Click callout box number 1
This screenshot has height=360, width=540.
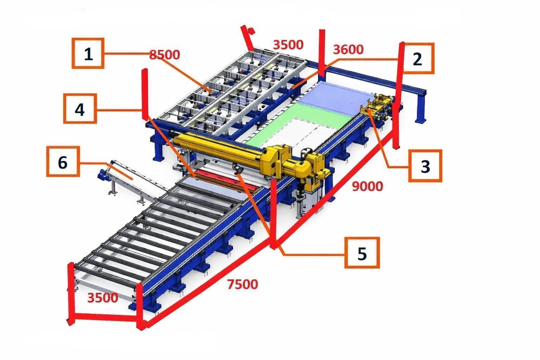click(x=88, y=53)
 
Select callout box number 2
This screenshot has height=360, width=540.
click(x=418, y=58)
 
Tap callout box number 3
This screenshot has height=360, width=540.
click(x=425, y=166)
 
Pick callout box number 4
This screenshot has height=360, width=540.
click(x=80, y=109)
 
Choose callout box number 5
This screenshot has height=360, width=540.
click(x=362, y=253)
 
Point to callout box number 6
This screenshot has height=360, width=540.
click(x=63, y=162)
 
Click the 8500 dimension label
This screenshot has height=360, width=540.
click(x=165, y=55)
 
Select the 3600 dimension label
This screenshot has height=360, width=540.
click(x=348, y=50)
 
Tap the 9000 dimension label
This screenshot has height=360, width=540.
click(x=367, y=186)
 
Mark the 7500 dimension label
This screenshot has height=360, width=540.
click(x=243, y=284)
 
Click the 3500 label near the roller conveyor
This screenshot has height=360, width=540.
click(x=103, y=298)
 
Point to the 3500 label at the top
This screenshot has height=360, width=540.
click(x=288, y=45)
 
